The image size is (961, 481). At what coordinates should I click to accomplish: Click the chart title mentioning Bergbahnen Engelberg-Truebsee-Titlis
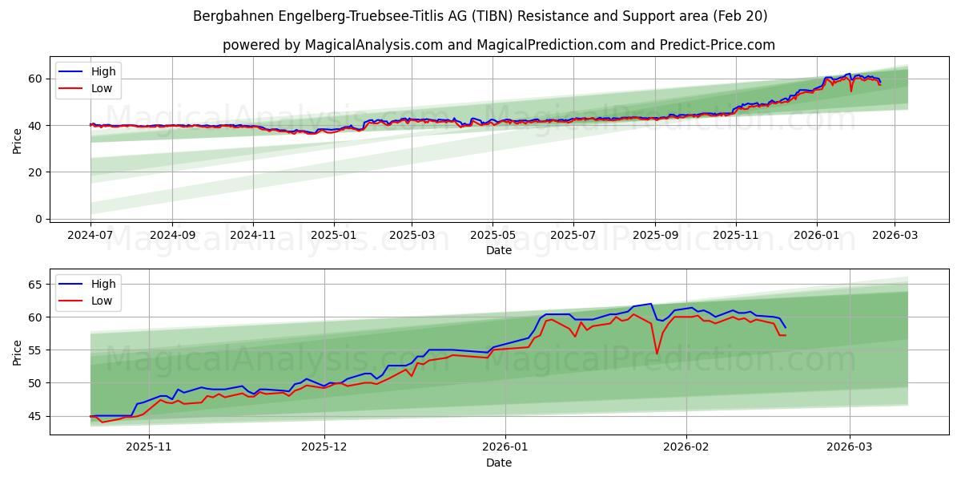tap(480, 16)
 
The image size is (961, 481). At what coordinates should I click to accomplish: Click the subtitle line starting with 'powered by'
tap(498, 45)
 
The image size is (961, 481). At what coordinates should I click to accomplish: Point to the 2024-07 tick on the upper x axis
tap(90, 236)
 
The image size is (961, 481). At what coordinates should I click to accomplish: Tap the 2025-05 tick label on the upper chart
tap(492, 236)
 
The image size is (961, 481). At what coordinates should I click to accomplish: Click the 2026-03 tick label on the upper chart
tap(895, 236)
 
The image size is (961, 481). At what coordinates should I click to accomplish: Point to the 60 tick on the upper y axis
tap(35, 79)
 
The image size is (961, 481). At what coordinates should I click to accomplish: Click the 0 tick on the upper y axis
tap(38, 219)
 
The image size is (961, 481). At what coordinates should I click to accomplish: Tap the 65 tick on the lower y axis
tap(35, 285)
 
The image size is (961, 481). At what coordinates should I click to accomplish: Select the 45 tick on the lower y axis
tap(35, 416)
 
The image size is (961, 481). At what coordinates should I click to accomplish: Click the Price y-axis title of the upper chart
tap(17, 140)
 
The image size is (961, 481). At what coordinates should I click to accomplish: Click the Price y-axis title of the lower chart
tap(17, 352)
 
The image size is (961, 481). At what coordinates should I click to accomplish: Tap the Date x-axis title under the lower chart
tap(498, 463)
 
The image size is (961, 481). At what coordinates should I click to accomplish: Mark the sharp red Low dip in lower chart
tap(657, 354)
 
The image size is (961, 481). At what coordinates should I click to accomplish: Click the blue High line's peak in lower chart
tap(651, 304)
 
